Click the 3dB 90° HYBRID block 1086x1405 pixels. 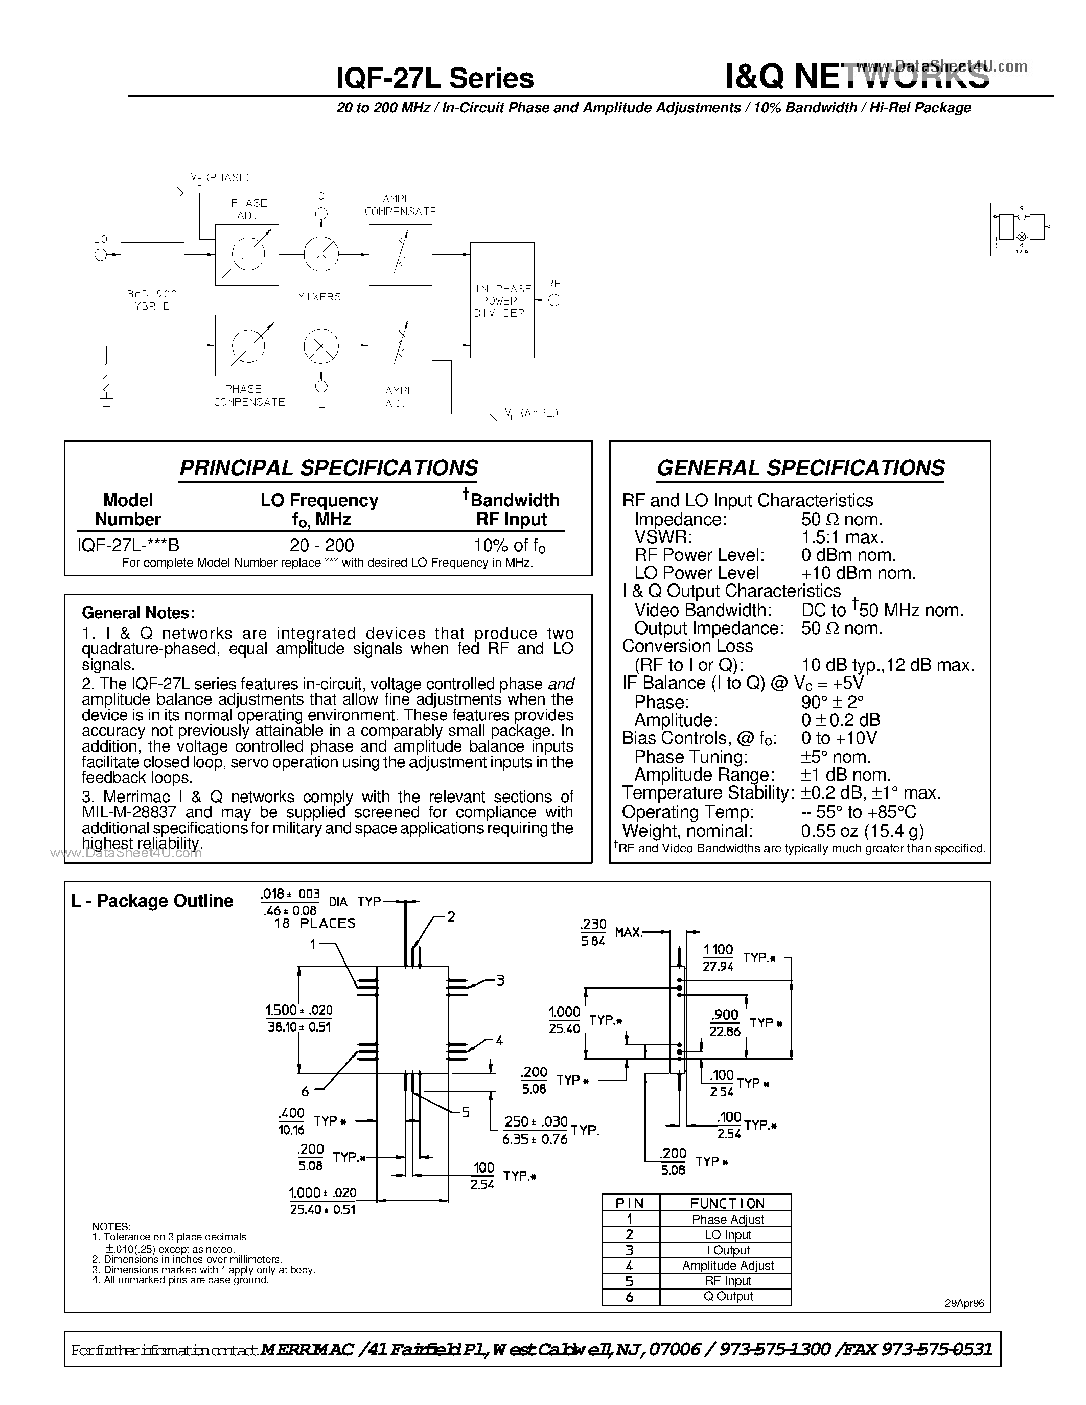[152, 300]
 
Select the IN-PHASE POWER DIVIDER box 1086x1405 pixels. [502, 300]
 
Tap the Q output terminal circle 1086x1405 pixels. [321, 214]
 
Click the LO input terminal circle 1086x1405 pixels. [100, 255]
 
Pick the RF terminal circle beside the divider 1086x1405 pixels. [554, 300]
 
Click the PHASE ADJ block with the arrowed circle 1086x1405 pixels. [247, 255]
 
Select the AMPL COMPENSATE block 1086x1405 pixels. [400, 255]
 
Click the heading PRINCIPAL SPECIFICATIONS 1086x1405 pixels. [328, 467]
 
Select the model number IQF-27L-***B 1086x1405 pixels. [128, 545]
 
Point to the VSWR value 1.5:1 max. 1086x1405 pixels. [842, 537]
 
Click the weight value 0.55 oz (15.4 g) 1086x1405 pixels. [862, 831]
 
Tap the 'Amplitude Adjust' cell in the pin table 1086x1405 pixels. [728, 1266]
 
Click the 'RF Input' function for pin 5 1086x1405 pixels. [728, 1281]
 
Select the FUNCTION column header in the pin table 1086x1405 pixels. [727, 1204]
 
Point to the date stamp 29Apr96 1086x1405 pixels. [964, 1303]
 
